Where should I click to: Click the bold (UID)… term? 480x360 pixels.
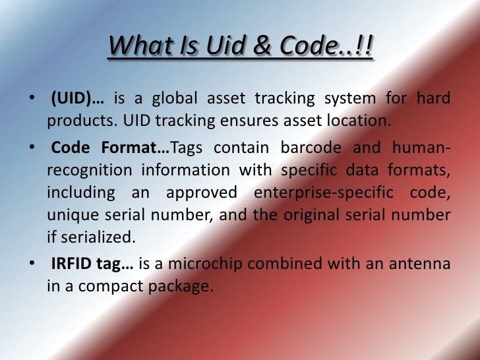coord(76,99)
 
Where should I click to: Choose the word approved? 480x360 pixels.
coord(201,193)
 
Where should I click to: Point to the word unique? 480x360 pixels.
coord(71,216)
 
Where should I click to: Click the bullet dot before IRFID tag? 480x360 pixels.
coord(32,264)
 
